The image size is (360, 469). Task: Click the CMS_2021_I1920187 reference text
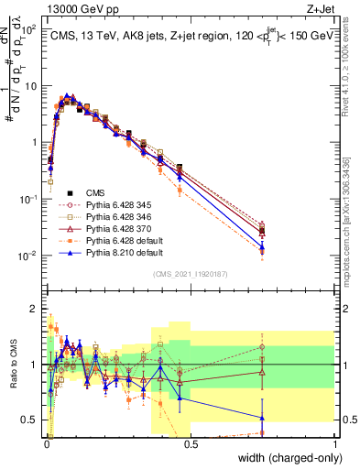[x=191, y=273]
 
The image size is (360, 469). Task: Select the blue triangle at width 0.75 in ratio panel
[x=263, y=417]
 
